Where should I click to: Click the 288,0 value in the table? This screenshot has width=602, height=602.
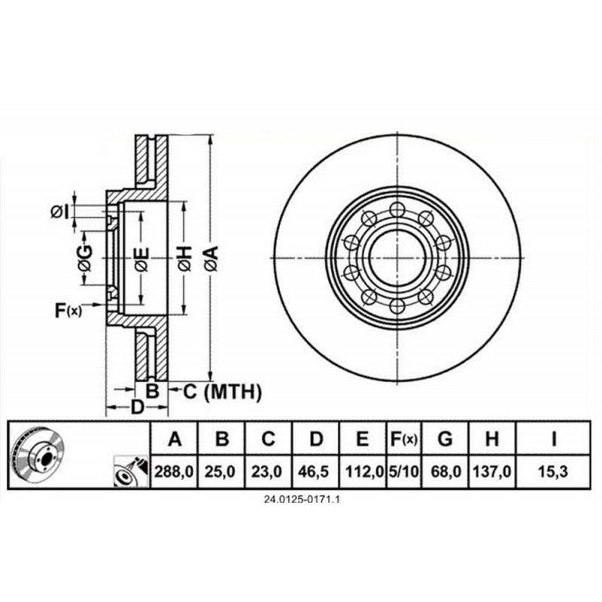[x=175, y=472]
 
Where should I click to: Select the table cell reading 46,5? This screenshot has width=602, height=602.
[x=318, y=472]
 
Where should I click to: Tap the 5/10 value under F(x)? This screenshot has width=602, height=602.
[x=403, y=472]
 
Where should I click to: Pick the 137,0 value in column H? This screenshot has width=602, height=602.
[x=493, y=472]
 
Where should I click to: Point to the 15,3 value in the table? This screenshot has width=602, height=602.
[x=554, y=472]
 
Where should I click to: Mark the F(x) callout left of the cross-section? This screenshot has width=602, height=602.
[x=68, y=308]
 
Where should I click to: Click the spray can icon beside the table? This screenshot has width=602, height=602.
[x=129, y=473]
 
